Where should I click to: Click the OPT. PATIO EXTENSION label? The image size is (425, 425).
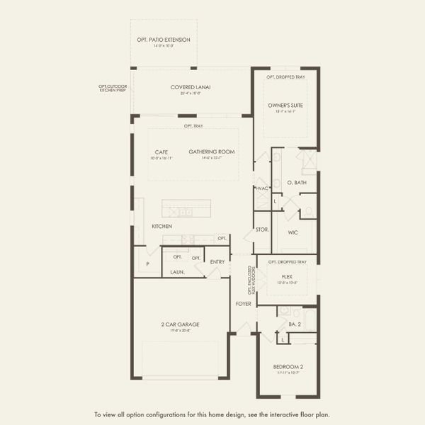point(164,40)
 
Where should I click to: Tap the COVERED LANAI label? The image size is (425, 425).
point(191,87)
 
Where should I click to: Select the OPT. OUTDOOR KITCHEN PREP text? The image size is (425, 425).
point(112,89)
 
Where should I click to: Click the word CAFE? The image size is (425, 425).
point(161,152)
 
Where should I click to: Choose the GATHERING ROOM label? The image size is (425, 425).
point(211,152)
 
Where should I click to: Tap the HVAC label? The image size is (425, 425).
point(261,188)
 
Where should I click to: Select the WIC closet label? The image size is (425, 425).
point(293,232)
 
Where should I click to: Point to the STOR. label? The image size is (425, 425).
point(261,230)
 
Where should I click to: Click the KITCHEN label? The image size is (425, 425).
point(161,226)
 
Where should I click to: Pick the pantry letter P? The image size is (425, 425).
point(147,263)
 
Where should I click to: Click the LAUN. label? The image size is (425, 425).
point(177,271)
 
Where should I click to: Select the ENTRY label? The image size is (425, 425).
point(217,262)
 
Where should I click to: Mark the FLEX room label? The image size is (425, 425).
point(287,276)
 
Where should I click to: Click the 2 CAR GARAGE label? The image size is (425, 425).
point(179,324)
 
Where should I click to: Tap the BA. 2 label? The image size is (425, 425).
point(295,324)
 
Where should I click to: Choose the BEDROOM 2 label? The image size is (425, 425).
point(287,366)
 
